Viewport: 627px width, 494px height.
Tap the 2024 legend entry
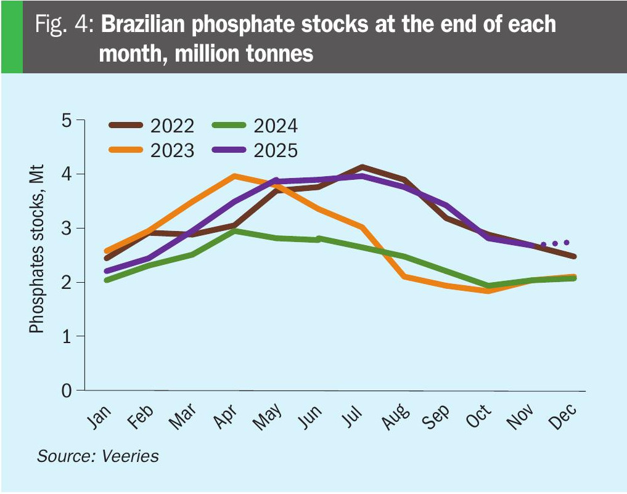(255, 126)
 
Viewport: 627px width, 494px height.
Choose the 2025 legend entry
(255, 150)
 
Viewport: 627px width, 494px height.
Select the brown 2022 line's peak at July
(362, 167)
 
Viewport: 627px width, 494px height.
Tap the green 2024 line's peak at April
(234, 231)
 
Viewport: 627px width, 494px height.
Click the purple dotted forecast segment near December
(555, 243)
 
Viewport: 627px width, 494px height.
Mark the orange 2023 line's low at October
(489, 291)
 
